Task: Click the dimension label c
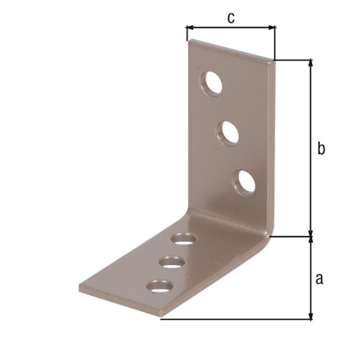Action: click(230, 18)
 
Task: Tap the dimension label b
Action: click(322, 148)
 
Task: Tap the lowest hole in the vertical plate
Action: click(246, 181)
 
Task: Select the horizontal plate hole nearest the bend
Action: click(185, 238)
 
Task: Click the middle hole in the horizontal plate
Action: click(171, 262)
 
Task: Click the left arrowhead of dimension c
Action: click(189, 28)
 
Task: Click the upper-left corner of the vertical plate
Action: click(189, 42)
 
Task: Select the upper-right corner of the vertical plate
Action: click(274, 60)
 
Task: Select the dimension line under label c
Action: click(230, 28)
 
